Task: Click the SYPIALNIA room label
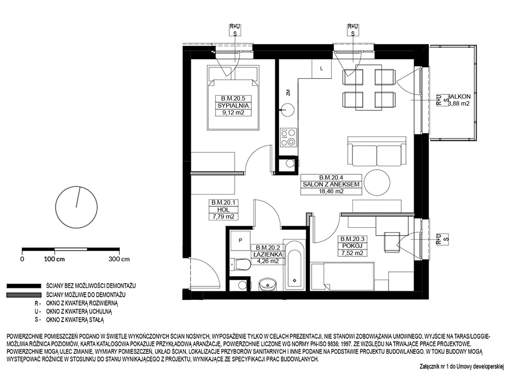[x=233, y=106]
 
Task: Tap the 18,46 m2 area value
[x=331, y=191]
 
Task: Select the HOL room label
[x=223, y=210]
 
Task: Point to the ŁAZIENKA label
[x=268, y=254]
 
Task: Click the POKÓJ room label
[x=352, y=246]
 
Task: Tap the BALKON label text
[x=459, y=96]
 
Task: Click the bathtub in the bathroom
[x=294, y=266]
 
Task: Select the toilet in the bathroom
[x=239, y=264]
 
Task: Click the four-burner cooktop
[x=288, y=137]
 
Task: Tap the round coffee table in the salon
[x=377, y=182]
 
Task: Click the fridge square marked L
[x=321, y=68]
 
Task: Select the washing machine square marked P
[x=240, y=241]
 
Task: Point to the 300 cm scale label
[x=119, y=259]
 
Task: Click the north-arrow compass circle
[x=77, y=207]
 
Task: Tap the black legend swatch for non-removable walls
[x=24, y=286]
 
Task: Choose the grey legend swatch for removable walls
[x=24, y=295]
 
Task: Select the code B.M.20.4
[x=331, y=177]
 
